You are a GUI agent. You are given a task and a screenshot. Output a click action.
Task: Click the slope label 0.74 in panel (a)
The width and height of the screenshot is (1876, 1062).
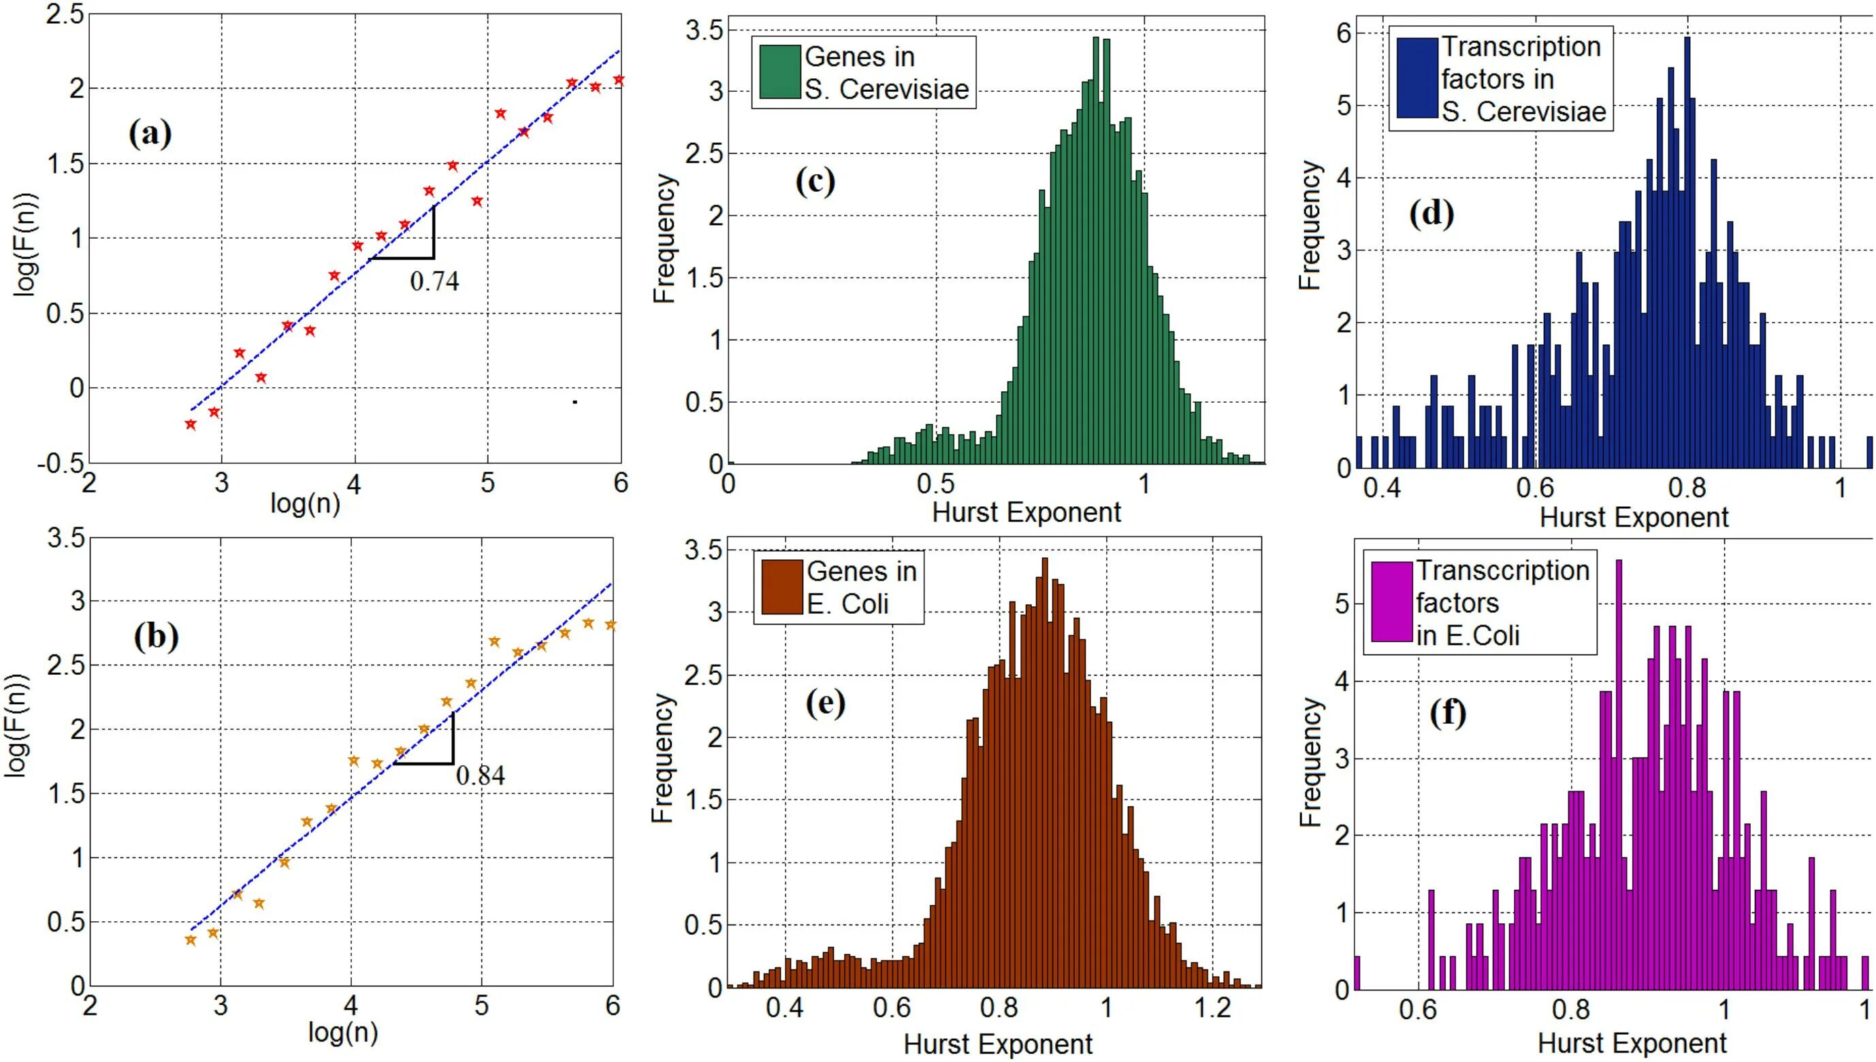pos(434,281)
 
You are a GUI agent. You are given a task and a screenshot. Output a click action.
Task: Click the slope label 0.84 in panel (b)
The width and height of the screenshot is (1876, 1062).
pos(480,775)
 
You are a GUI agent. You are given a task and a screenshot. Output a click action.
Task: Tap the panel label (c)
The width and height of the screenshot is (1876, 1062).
pos(815,182)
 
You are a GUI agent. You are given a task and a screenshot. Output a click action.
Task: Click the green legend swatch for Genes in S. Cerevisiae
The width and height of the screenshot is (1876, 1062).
pos(779,72)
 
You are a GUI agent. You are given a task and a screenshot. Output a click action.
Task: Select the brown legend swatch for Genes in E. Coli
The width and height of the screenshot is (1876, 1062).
pos(781,587)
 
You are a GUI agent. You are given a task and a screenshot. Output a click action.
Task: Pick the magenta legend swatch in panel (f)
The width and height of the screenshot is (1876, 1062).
pos(1391,601)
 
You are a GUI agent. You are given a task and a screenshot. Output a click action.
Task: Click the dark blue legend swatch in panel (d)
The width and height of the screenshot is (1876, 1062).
pos(1417,78)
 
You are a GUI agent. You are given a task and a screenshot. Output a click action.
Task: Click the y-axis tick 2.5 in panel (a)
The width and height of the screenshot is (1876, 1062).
pos(64,14)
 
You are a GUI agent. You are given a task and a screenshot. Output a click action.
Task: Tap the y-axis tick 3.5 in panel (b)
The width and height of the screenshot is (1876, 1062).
pos(65,538)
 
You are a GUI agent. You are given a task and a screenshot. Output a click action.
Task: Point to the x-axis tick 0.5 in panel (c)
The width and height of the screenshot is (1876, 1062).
pos(935,484)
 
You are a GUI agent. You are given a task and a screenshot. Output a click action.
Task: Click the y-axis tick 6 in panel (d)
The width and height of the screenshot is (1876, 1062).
pos(1343,33)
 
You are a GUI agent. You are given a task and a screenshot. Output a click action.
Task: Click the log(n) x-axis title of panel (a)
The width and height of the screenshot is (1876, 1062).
pos(305,503)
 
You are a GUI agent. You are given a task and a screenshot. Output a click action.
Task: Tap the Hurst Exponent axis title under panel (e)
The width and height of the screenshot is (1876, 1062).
pos(997,1044)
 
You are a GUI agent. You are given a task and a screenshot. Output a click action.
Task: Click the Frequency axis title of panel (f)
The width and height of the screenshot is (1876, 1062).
pos(1310,763)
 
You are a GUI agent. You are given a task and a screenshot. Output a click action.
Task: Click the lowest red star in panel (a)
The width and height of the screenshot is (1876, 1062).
pos(191,425)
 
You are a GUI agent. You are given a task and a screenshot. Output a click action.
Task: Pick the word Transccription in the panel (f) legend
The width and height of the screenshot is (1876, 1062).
pos(1502,570)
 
